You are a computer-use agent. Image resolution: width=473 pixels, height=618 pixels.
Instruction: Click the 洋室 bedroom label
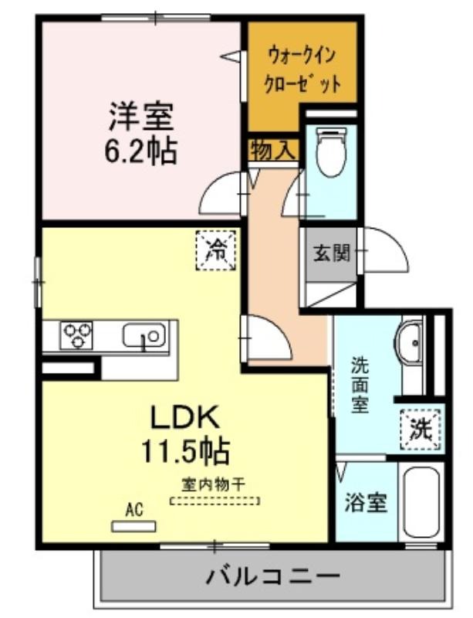(x=140, y=117)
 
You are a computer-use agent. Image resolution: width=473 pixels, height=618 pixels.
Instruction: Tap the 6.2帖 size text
(x=140, y=150)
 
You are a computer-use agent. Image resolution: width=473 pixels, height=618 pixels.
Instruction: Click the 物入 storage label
(x=272, y=150)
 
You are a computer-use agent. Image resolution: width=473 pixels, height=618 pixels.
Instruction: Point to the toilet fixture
(x=331, y=151)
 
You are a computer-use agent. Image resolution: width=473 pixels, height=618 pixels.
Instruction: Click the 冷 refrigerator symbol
(x=216, y=250)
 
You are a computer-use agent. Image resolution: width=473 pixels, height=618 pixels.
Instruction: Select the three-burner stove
(x=76, y=335)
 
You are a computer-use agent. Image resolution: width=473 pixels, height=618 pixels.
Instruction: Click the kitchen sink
(x=144, y=335)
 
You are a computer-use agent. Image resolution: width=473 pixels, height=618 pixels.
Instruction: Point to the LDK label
(x=184, y=418)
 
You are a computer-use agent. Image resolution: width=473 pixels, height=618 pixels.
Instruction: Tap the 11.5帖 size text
(x=185, y=452)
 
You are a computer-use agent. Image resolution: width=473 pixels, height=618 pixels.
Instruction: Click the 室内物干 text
(x=214, y=484)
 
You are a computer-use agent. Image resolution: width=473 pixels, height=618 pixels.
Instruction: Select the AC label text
(x=134, y=510)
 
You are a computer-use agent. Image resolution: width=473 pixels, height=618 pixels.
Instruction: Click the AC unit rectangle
(x=133, y=527)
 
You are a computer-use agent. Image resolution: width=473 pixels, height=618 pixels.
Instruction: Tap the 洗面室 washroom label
(x=360, y=384)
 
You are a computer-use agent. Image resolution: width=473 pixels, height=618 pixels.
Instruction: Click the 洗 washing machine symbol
(x=421, y=430)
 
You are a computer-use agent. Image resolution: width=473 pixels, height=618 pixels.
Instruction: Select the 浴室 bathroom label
(x=366, y=503)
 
